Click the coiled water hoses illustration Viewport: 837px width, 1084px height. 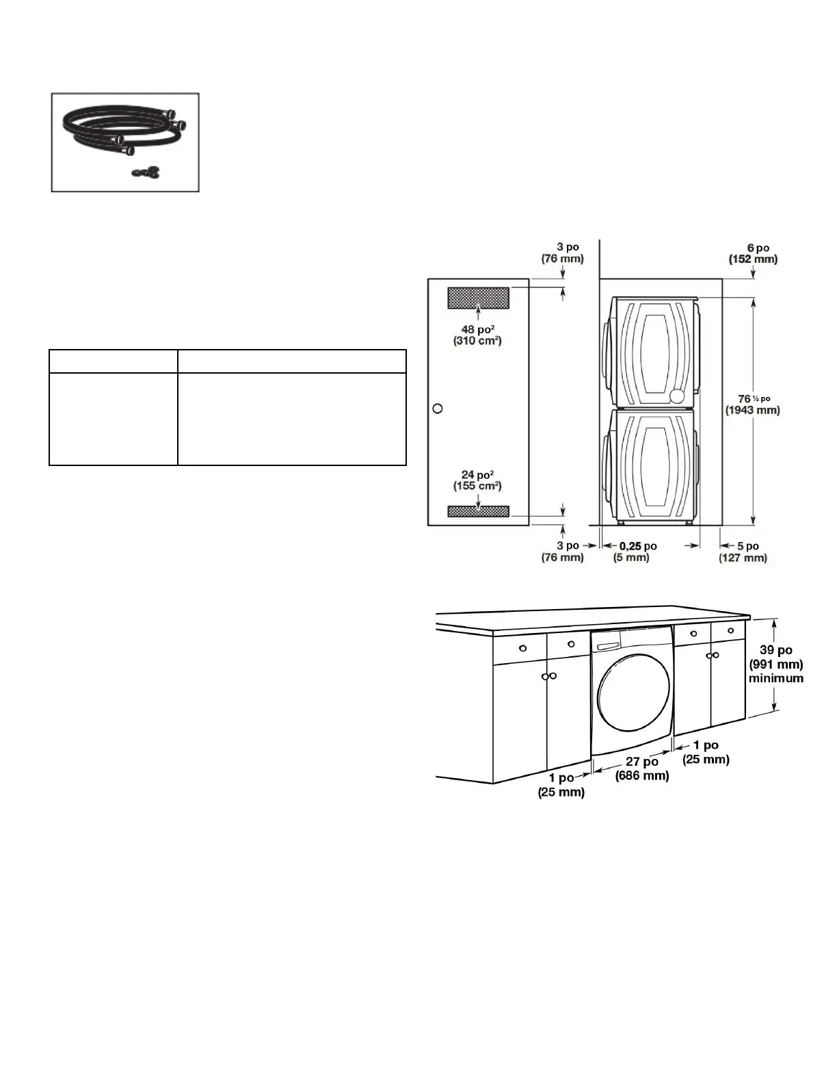(x=124, y=131)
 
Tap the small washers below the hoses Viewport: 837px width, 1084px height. (x=146, y=172)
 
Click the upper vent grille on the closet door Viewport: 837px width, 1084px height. (x=478, y=298)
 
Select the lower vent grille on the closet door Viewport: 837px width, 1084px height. (x=478, y=511)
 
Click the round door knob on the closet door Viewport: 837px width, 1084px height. (x=437, y=409)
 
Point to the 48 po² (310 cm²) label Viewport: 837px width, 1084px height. (x=477, y=335)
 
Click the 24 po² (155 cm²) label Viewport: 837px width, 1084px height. (x=477, y=480)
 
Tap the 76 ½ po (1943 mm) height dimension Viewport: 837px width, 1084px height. (x=752, y=404)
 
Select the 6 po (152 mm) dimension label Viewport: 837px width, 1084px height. (x=754, y=253)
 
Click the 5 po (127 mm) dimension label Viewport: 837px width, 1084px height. (x=743, y=552)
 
